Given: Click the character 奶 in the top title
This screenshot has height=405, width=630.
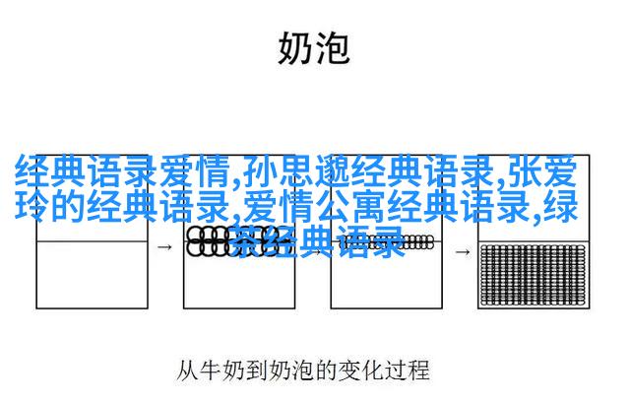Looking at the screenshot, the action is [x=295, y=48].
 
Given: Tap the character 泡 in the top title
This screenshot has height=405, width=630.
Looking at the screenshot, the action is [x=332, y=48].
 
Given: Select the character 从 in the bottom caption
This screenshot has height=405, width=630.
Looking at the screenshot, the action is [x=187, y=371].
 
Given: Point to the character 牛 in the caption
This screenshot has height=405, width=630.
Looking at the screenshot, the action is [x=211, y=371].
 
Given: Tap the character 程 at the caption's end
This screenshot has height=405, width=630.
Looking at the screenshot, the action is [x=418, y=371].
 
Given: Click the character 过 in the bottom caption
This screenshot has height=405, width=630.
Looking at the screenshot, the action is [x=396, y=371].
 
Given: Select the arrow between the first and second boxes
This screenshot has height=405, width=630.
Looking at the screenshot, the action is [x=164, y=247].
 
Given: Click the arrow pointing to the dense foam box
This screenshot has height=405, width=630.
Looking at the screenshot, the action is [x=463, y=251].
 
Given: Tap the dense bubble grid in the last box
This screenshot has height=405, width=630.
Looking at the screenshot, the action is [x=534, y=274].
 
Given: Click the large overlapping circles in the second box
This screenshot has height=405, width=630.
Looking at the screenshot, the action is [x=233, y=241].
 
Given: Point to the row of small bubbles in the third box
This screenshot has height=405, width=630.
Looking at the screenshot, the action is [x=387, y=242].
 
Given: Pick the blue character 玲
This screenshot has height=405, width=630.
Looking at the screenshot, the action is [x=32, y=206].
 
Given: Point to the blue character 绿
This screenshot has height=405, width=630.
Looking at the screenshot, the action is [x=561, y=206].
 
